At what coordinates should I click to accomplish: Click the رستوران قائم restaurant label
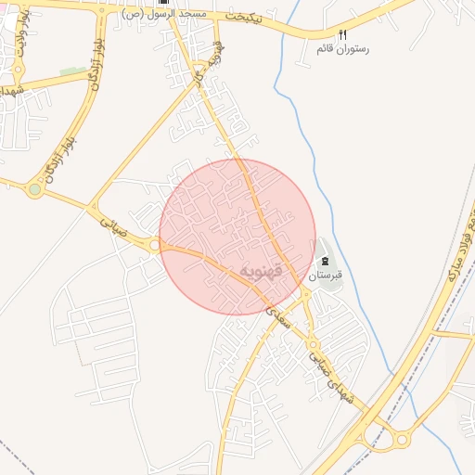pyautogui.click(x=342, y=47)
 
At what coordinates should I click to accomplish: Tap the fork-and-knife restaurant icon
pyautogui.click(x=342, y=34)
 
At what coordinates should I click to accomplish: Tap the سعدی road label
pyautogui.click(x=277, y=317)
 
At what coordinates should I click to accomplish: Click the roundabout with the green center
pyautogui.click(x=35, y=189)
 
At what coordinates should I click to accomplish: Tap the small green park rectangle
pyautogui.click(x=71, y=71)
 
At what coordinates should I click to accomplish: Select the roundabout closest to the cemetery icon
pyautogui.click(x=305, y=294)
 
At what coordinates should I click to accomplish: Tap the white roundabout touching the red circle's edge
pyautogui.click(x=153, y=245)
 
